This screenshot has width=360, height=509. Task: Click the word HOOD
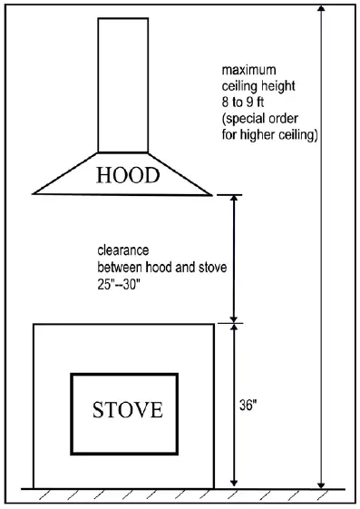coord(127,175)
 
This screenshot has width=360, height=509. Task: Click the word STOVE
coord(128,409)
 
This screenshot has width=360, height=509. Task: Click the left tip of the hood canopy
coord(34,191)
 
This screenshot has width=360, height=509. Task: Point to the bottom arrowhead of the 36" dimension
coord(235,482)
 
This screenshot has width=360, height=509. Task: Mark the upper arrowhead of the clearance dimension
coord(235,200)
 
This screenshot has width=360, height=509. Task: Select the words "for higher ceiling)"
coord(270,133)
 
